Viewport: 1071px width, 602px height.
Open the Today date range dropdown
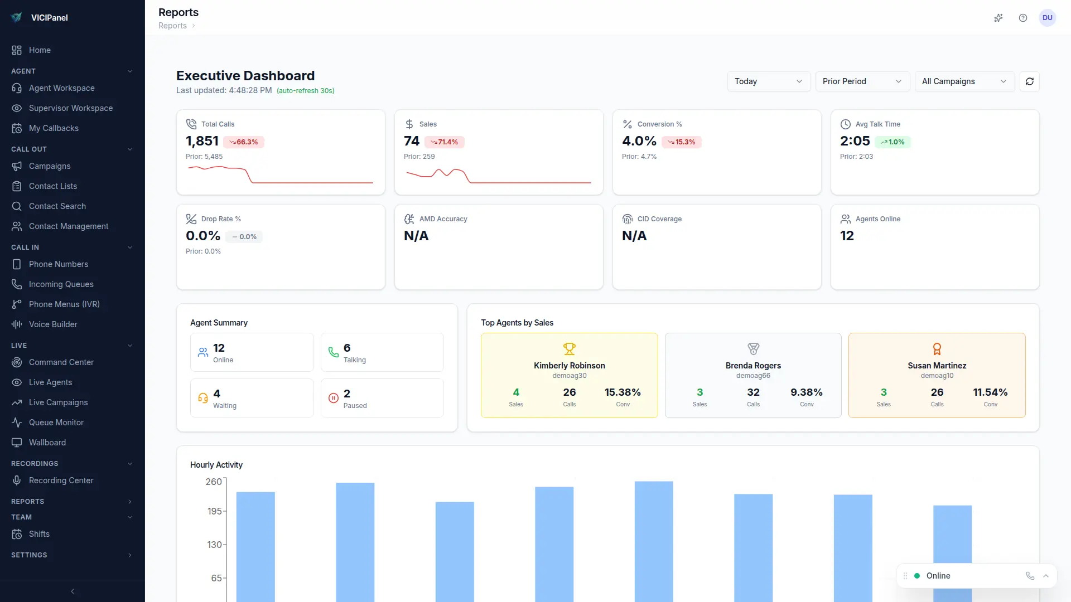[768, 81]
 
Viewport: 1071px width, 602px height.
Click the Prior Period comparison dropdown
[862, 81]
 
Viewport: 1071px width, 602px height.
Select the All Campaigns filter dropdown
[964, 81]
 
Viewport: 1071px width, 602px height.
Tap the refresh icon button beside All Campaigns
[1029, 81]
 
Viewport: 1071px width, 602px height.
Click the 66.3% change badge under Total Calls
[244, 142]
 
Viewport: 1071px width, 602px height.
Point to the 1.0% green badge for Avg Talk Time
[893, 142]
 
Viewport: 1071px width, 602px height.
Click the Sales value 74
[412, 141]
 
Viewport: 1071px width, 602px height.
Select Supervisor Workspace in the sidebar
[70, 108]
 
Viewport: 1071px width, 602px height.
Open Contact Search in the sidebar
[57, 206]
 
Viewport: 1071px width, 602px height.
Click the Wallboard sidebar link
[47, 443]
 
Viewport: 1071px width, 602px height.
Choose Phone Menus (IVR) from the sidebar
[64, 304]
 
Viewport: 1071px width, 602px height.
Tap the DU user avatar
[1047, 18]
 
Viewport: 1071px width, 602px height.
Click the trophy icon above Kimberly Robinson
[569, 349]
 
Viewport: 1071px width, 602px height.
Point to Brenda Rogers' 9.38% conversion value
[806, 392]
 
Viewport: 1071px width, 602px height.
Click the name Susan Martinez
[937, 366]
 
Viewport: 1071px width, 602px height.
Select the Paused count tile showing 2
[382, 398]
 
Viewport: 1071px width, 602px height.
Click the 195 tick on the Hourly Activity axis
[215, 511]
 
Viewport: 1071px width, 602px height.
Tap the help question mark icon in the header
[1022, 18]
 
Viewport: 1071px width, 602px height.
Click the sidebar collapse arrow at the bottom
[73, 591]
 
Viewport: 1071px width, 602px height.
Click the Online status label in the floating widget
[938, 576]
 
